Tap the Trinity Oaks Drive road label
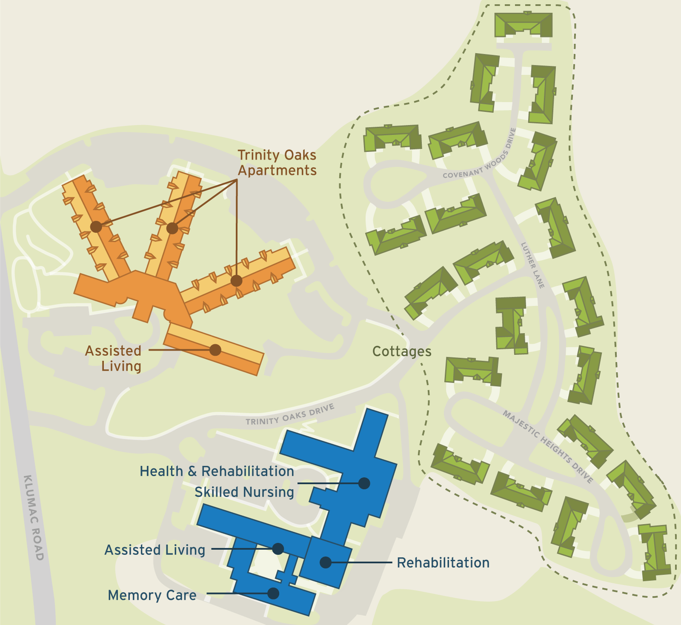click(x=290, y=415)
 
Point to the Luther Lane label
click(x=532, y=265)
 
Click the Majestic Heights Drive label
click(x=548, y=446)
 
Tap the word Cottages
click(x=402, y=351)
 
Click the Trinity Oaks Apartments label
click(x=277, y=163)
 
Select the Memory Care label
click(x=152, y=595)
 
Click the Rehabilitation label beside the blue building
click(x=443, y=562)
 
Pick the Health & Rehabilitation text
click(x=217, y=471)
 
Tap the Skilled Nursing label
click(x=244, y=492)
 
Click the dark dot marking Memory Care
click(x=273, y=593)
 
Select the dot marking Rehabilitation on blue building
click(x=326, y=562)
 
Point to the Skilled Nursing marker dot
click(x=364, y=483)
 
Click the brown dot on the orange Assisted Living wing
click(x=215, y=350)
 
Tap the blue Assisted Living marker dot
click(x=278, y=549)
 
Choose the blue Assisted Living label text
click(x=155, y=550)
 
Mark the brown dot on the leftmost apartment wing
click(x=96, y=227)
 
